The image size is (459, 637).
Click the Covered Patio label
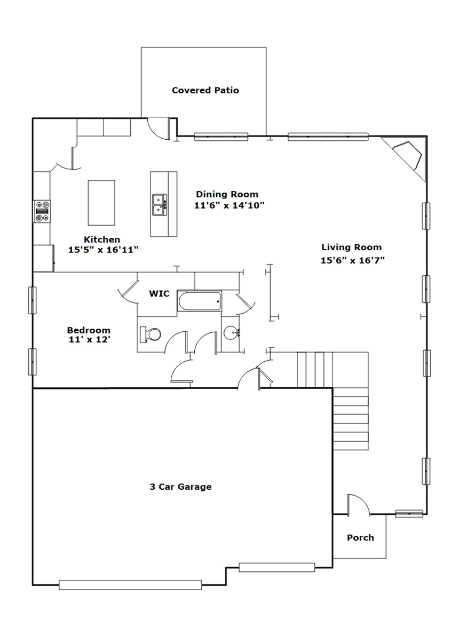205,90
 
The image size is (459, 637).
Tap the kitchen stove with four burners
42,211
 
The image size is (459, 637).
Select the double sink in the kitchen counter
160,205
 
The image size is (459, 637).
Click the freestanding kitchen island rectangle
101,203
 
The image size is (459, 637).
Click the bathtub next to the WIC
199,302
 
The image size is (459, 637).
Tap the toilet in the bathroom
150,335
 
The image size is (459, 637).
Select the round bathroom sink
231,333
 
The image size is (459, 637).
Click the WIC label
159,293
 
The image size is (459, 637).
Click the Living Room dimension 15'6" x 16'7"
352,260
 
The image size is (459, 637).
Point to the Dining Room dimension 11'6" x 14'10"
230,205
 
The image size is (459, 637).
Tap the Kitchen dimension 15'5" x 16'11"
103,250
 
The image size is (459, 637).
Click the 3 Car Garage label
180,487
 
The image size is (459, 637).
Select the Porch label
360,537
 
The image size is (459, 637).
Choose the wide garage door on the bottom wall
130,585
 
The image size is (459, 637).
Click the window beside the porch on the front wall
409,514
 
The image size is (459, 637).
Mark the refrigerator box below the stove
44,258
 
